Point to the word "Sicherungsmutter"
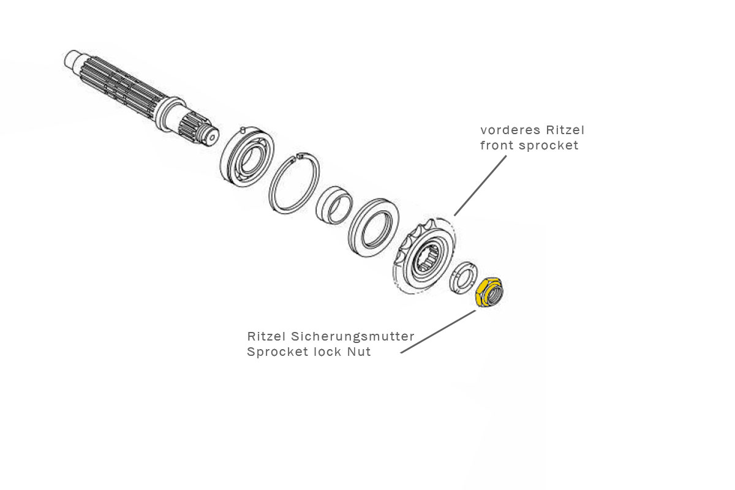click(x=353, y=336)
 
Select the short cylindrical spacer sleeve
click(x=334, y=205)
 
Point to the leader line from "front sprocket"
click(x=481, y=184)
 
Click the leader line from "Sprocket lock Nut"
click(x=437, y=331)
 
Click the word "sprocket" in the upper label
click(x=548, y=146)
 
